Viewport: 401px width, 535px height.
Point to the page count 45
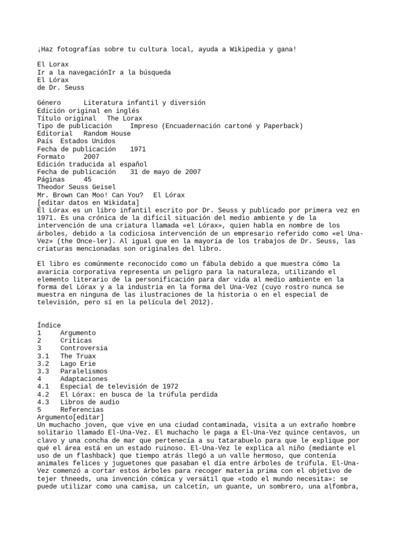click(87, 180)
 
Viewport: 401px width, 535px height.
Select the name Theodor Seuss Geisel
click(77, 187)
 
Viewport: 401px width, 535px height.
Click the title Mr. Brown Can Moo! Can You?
click(90, 195)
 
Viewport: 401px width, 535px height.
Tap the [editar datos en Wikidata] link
click(88, 203)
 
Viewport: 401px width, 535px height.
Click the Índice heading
click(49, 325)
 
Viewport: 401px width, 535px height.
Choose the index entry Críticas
click(76, 340)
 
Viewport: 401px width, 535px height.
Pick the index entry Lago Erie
click(78, 364)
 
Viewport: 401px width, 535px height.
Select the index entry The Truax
click(78, 356)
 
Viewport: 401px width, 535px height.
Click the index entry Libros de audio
click(90, 402)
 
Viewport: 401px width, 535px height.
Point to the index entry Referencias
click(82, 410)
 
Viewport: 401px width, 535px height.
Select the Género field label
click(49, 103)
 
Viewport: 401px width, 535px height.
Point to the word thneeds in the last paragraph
click(78, 479)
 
